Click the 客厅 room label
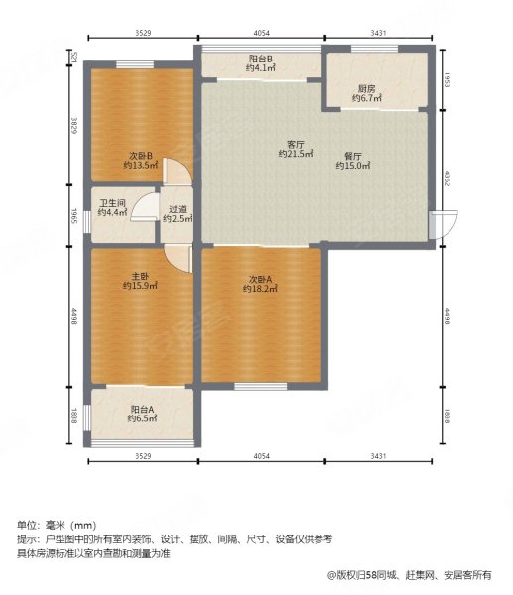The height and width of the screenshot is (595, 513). coord(294,144)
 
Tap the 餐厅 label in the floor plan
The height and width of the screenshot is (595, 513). coord(352,155)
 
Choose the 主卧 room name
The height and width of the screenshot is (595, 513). coord(141,276)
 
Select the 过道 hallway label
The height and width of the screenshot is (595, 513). coord(178,208)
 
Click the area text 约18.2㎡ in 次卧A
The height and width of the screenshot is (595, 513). coord(260,288)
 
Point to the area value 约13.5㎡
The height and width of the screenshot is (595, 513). coord(141,166)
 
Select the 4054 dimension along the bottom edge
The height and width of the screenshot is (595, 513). coord(261,456)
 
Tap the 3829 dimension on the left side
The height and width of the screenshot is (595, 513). coord(73,126)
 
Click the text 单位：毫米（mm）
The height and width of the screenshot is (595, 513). coord(57,525)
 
